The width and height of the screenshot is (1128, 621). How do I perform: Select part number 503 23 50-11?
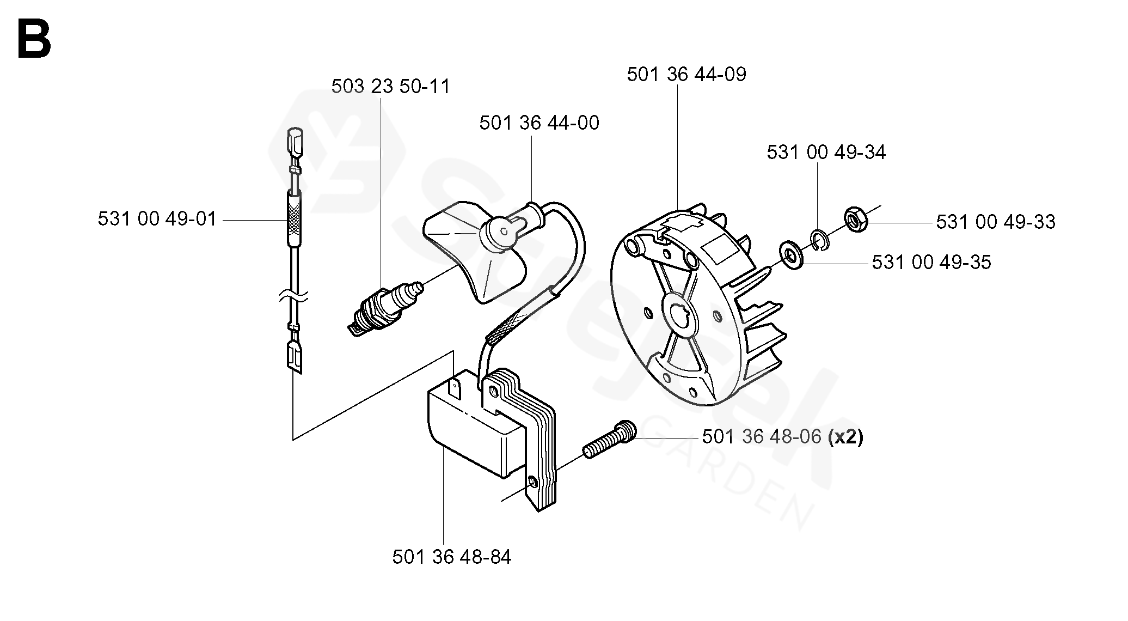click(x=391, y=87)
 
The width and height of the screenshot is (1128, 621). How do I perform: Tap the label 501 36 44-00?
click(x=539, y=123)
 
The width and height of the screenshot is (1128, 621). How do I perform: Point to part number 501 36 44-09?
click(x=686, y=74)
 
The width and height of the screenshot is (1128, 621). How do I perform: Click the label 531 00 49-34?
click(x=826, y=152)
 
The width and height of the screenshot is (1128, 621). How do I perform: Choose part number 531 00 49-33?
click(x=996, y=222)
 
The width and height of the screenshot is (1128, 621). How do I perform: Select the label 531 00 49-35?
click(x=931, y=262)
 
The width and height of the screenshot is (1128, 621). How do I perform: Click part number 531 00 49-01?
click(x=157, y=219)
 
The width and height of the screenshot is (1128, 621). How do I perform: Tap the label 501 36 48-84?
click(x=452, y=557)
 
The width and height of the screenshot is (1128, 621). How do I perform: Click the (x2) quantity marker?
click(x=845, y=437)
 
